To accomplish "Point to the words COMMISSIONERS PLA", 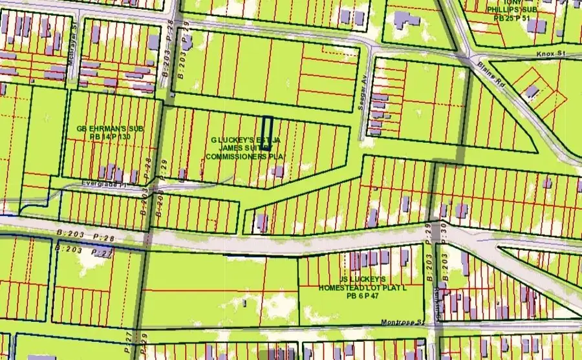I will click(245, 156).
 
